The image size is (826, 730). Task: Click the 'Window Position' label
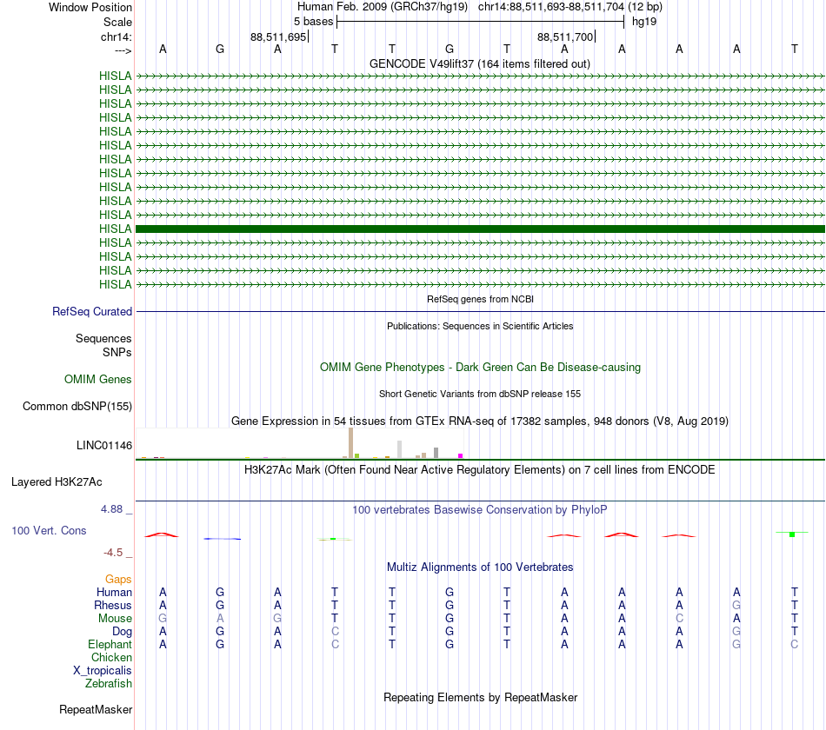click(x=90, y=7)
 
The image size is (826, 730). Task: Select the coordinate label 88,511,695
click(x=277, y=37)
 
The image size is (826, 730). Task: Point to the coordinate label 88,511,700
click(x=565, y=37)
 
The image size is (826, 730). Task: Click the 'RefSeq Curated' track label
click(x=92, y=312)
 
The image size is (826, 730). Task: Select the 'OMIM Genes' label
click(x=98, y=380)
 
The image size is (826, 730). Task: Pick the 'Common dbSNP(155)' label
click(x=77, y=407)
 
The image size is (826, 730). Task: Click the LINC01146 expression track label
click(x=104, y=446)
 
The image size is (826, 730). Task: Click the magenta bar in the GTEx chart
click(x=461, y=455)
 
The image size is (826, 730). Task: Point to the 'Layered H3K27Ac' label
click(x=57, y=481)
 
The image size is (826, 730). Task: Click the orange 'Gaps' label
click(x=118, y=579)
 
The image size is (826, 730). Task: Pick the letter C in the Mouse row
click(x=679, y=619)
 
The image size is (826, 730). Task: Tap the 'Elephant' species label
click(x=110, y=645)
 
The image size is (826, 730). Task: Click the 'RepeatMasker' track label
click(x=96, y=710)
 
